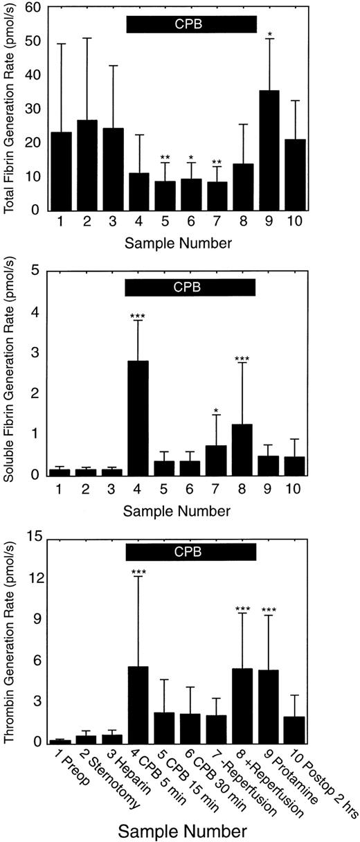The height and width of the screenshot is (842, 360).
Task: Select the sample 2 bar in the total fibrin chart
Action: [x=87, y=165]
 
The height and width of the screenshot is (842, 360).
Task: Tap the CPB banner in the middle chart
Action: [x=191, y=286]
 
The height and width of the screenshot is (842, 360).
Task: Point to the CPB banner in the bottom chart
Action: [x=191, y=551]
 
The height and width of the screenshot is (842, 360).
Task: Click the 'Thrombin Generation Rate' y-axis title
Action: [x=10, y=638]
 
